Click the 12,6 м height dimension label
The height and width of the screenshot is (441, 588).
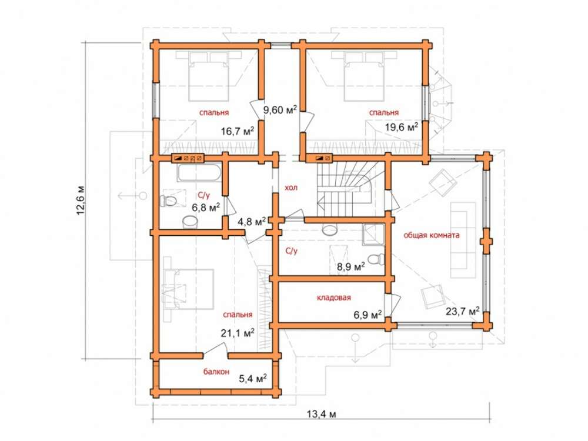[x=81, y=201]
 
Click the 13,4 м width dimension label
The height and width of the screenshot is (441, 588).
[x=322, y=414]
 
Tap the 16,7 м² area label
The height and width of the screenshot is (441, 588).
[x=238, y=131]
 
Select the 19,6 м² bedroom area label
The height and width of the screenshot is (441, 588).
[x=402, y=127]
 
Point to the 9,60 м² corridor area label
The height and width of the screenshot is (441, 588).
[x=280, y=110]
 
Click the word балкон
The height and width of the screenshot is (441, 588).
[x=216, y=372]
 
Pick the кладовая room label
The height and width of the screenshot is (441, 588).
[x=334, y=298]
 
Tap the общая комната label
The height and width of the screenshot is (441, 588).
[x=432, y=236]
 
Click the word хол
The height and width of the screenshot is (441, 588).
[x=291, y=188]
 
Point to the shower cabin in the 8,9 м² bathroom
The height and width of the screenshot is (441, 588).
[x=373, y=235]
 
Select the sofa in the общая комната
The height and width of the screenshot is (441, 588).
[x=463, y=240]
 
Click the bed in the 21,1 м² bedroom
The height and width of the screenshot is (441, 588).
[x=188, y=289]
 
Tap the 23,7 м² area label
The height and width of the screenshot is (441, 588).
[x=463, y=311]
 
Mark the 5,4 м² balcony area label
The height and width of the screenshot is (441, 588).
[x=253, y=378]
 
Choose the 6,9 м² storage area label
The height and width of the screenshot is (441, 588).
[x=368, y=314]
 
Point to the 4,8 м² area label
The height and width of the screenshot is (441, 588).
[x=252, y=222]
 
